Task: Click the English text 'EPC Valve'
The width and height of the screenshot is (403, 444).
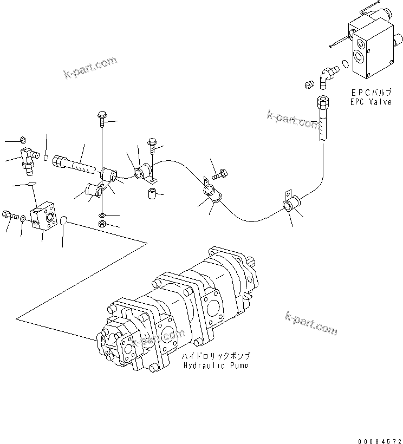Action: pos(371,102)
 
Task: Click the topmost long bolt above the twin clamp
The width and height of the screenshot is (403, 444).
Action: pos(102,115)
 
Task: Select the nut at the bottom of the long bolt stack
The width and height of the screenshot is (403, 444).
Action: pos(102,224)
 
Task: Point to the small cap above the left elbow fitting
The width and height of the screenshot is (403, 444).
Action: pos(23,140)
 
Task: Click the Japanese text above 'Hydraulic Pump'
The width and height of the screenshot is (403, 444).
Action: pos(217,357)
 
